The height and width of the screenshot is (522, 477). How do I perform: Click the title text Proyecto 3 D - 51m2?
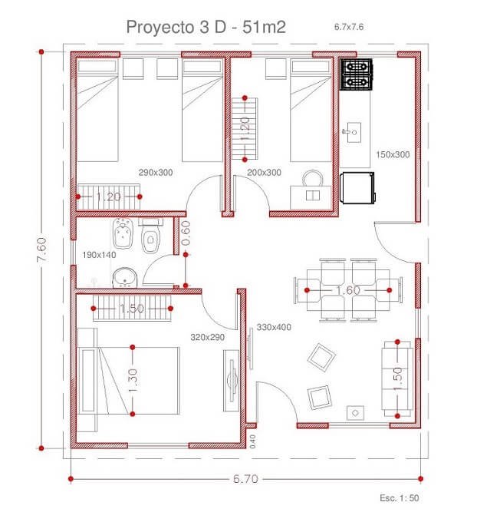click(x=206, y=27)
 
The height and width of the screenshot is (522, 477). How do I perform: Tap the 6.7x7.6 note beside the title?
click(x=349, y=27)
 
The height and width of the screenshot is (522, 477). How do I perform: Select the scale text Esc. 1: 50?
click(x=400, y=498)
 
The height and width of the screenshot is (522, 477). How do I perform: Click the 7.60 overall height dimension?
click(x=42, y=249)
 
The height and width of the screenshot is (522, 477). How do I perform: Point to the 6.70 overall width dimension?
click(x=245, y=479)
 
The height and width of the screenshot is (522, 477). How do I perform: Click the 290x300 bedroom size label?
click(x=156, y=173)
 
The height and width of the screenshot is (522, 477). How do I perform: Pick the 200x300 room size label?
click(x=264, y=173)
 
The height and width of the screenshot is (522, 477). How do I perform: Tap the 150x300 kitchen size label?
click(x=393, y=154)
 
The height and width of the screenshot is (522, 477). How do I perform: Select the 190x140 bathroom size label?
click(x=99, y=255)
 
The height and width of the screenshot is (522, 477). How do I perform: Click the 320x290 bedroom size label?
click(x=208, y=337)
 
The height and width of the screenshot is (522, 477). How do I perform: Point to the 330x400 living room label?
click(x=274, y=327)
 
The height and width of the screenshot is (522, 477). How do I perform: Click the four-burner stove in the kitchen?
click(x=356, y=74)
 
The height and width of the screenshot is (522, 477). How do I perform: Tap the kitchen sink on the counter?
click(x=351, y=132)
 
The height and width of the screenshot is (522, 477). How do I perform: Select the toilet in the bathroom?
click(x=150, y=235)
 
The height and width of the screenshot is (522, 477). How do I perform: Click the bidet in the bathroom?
click(x=123, y=233)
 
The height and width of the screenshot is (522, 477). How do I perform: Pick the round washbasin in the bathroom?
click(x=125, y=278)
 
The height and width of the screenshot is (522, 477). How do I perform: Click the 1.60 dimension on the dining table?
click(x=348, y=290)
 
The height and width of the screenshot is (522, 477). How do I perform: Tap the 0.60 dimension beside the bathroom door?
click(x=186, y=233)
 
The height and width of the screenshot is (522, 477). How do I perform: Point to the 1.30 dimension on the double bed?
click(x=133, y=380)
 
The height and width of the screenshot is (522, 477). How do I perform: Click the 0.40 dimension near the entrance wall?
click(x=252, y=441)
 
